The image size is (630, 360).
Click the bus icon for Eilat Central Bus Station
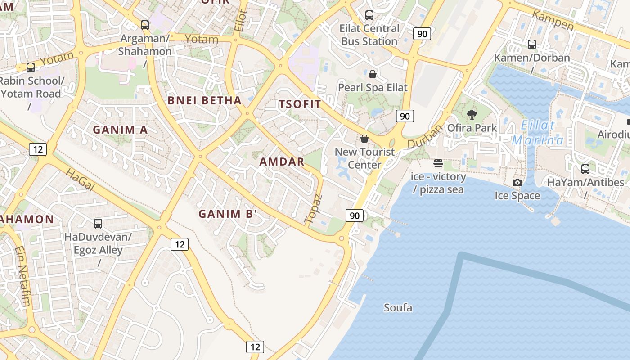[x=369, y=15]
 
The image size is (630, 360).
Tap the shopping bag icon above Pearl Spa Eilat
[x=373, y=74]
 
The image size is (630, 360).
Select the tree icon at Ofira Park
[x=472, y=114]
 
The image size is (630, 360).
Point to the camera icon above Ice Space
[x=517, y=182]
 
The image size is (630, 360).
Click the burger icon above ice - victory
[x=438, y=163]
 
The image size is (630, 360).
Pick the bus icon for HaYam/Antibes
[x=585, y=169]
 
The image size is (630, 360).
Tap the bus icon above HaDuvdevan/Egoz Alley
[x=98, y=223]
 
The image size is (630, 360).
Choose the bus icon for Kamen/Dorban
[x=532, y=44]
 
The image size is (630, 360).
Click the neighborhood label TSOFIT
[x=300, y=104]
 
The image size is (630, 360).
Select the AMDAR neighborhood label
[x=282, y=162]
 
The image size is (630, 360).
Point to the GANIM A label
[x=120, y=130]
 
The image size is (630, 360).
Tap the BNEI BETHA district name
[x=205, y=100]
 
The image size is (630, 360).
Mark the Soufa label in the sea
[x=398, y=308]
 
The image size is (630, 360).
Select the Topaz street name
[x=314, y=208]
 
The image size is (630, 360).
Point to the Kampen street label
[x=553, y=21]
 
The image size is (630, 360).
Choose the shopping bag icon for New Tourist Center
[x=364, y=139]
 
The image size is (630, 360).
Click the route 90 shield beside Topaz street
[x=355, y=216]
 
